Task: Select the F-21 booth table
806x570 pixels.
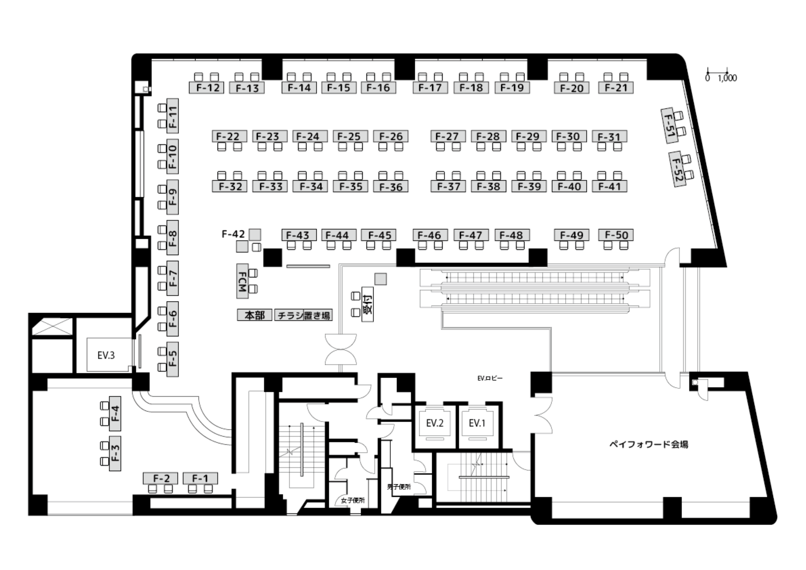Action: [x=616, y=87]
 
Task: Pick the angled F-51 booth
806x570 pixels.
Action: [x=669, y=125]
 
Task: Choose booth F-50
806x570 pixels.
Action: [x=616, y=235]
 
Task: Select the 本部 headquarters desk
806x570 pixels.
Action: [x=255, y=315]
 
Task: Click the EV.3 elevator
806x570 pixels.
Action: [x=106, y=355]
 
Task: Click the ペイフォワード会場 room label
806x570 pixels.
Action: [x=649, y=444]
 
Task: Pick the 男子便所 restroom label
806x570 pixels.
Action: [x=399, y=487]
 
